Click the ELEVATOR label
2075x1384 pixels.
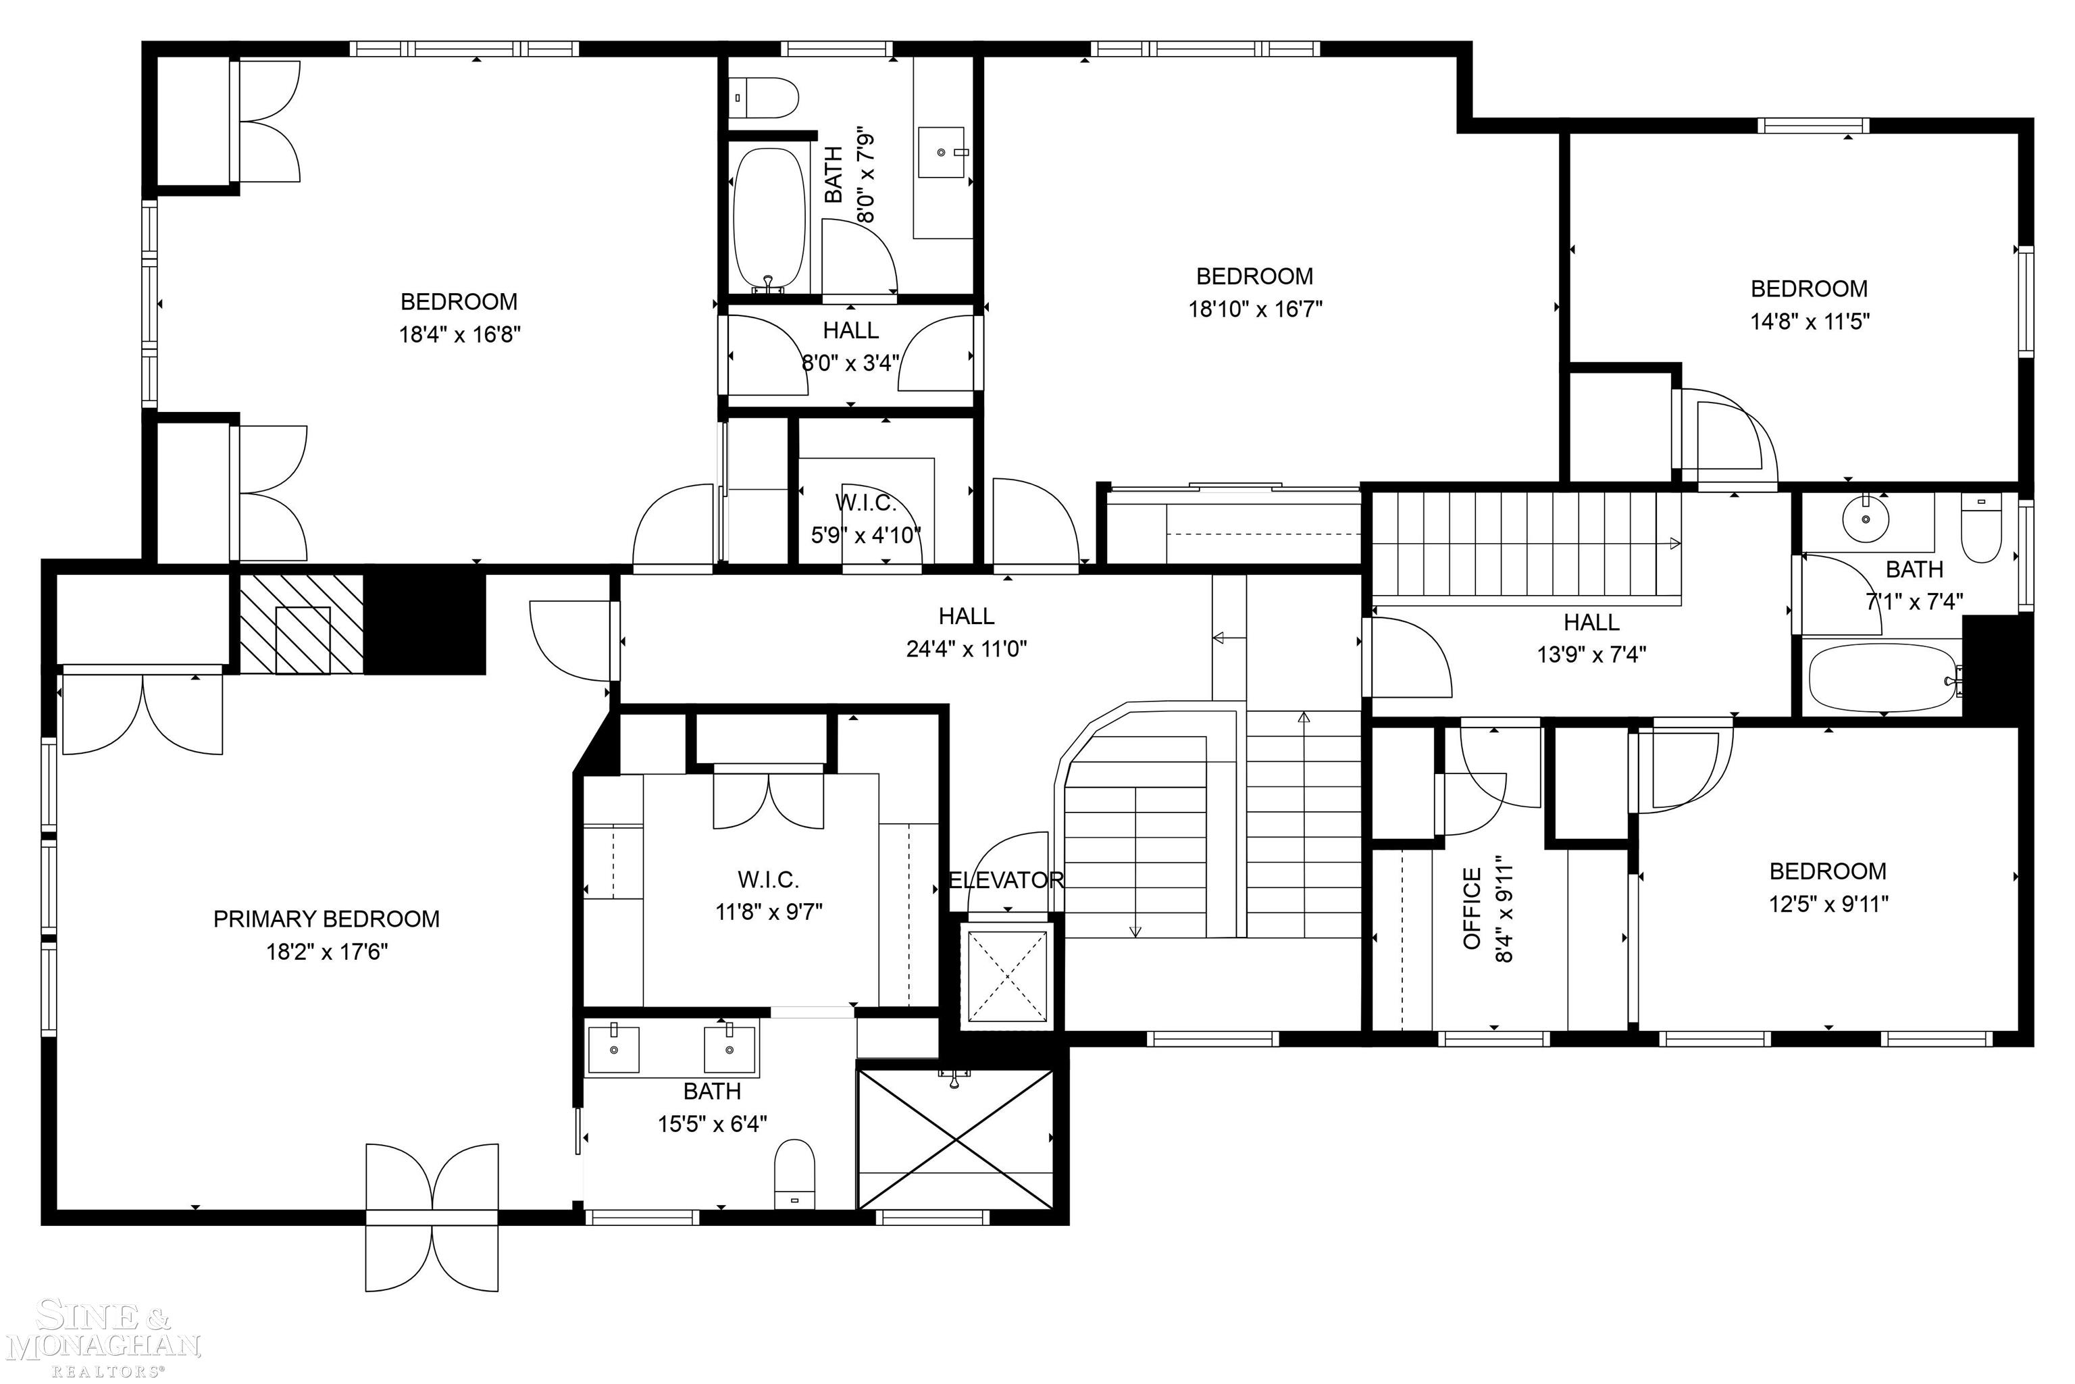point(1006,880)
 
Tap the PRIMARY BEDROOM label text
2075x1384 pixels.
point(326,919)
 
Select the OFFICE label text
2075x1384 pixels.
point(1471,908)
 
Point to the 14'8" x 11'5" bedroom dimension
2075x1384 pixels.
point(1810,322)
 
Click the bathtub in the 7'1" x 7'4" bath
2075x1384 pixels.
point(1882,678)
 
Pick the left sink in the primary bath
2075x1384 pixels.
point(613,1048)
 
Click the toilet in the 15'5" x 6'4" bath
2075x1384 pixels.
point(794,1175)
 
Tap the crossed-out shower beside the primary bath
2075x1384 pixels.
point(956,1139)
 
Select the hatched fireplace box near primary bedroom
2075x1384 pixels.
point(301,624)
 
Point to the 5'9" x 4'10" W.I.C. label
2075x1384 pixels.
point(865,519)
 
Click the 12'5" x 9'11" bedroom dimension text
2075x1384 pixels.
point(1828,904)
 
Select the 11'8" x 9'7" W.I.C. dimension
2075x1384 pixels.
point(769,912)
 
